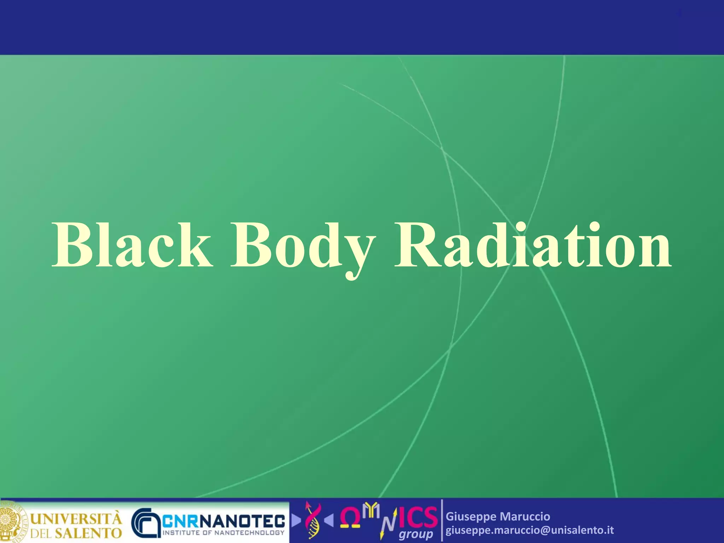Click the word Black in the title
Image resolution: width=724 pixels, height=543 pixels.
coord(133,245)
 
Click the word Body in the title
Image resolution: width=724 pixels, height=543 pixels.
coord(302,247)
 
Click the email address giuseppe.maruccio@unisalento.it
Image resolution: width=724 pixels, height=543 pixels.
coord(530,530)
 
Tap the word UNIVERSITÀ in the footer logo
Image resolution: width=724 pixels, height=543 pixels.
coord(76,519)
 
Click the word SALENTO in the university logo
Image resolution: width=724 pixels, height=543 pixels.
coord(88,533)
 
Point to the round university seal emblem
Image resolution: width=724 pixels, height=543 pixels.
coord(12,522)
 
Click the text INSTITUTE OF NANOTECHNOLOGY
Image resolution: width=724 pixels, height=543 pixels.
coord(223,532)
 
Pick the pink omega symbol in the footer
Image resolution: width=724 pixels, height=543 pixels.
coord(350,518)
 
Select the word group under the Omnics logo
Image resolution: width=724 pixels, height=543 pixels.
coord(416,534)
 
